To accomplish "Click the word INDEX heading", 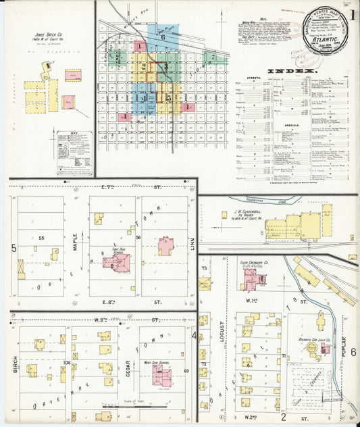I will pos(291,71).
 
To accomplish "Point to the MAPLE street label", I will pos(74,237).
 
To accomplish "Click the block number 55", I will pos(41,238).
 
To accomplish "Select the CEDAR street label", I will pos(128,353).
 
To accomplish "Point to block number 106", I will pos(66,362).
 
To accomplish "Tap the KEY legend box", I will pos(74,153).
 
